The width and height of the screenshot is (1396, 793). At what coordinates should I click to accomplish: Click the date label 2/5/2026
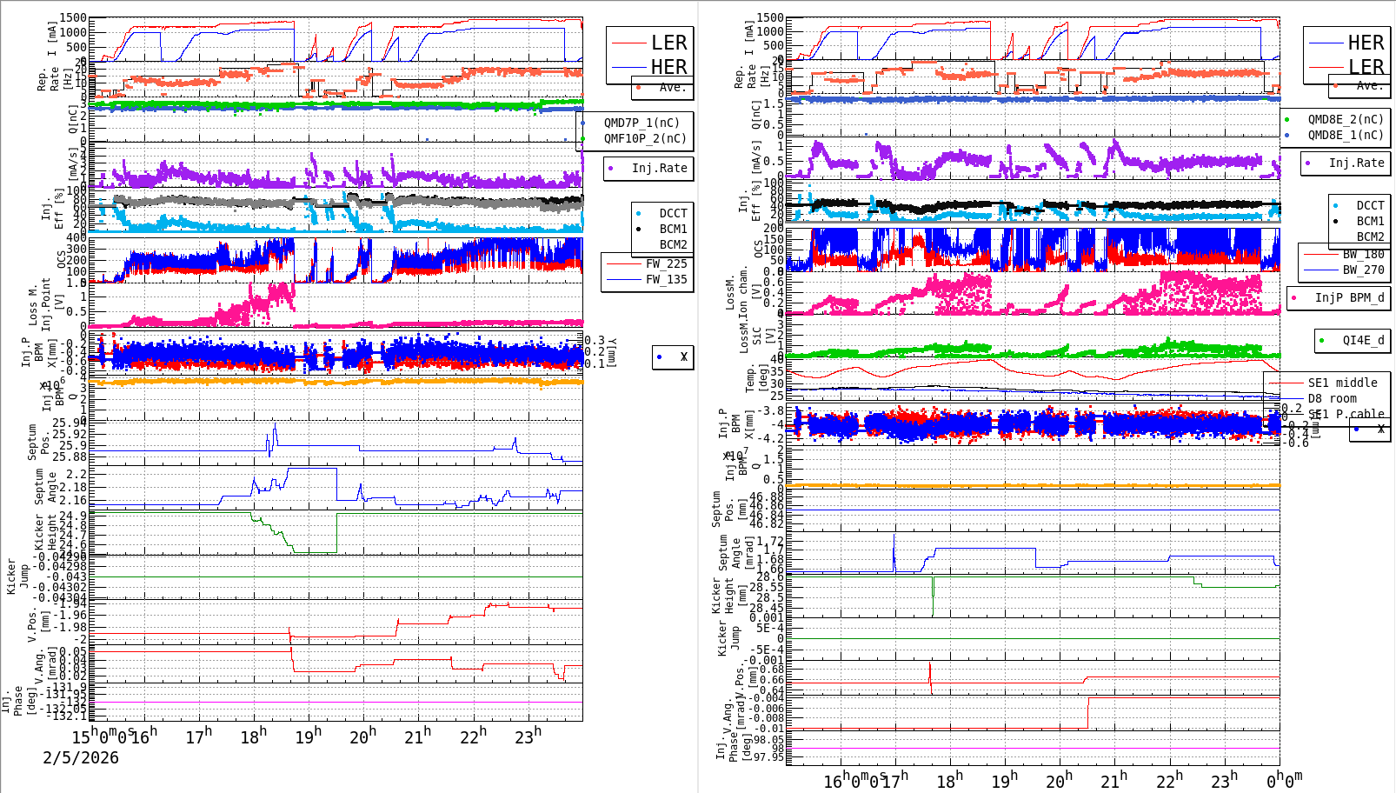click(x=81, y=757)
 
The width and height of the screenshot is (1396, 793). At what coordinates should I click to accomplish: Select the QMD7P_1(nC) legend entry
click(x=641, y=123)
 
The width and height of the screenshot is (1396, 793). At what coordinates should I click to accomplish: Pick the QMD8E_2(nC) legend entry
click(x=1345, y=119)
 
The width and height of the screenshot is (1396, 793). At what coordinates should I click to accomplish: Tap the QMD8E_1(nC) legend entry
click(x=1345, y=135)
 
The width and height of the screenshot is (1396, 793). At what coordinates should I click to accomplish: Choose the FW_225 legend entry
click(x=665, y=263)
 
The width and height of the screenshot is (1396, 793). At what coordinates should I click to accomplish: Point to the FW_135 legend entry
click(x=665, y=279)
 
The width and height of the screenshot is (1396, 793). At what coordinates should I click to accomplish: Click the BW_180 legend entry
click(x=1362, y=254)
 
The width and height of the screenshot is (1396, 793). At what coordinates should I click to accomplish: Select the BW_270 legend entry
click(x=1362, y=270)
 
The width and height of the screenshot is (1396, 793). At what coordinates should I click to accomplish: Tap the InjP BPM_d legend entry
click(x=1348, y=297)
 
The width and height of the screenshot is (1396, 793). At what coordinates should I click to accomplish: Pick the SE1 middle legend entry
click(x=1341, y=383)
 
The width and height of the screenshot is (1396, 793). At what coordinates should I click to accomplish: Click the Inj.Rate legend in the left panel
click(x=658, y=168)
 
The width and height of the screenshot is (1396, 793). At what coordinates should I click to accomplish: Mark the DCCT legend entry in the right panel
click(x=1369, y=205)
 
